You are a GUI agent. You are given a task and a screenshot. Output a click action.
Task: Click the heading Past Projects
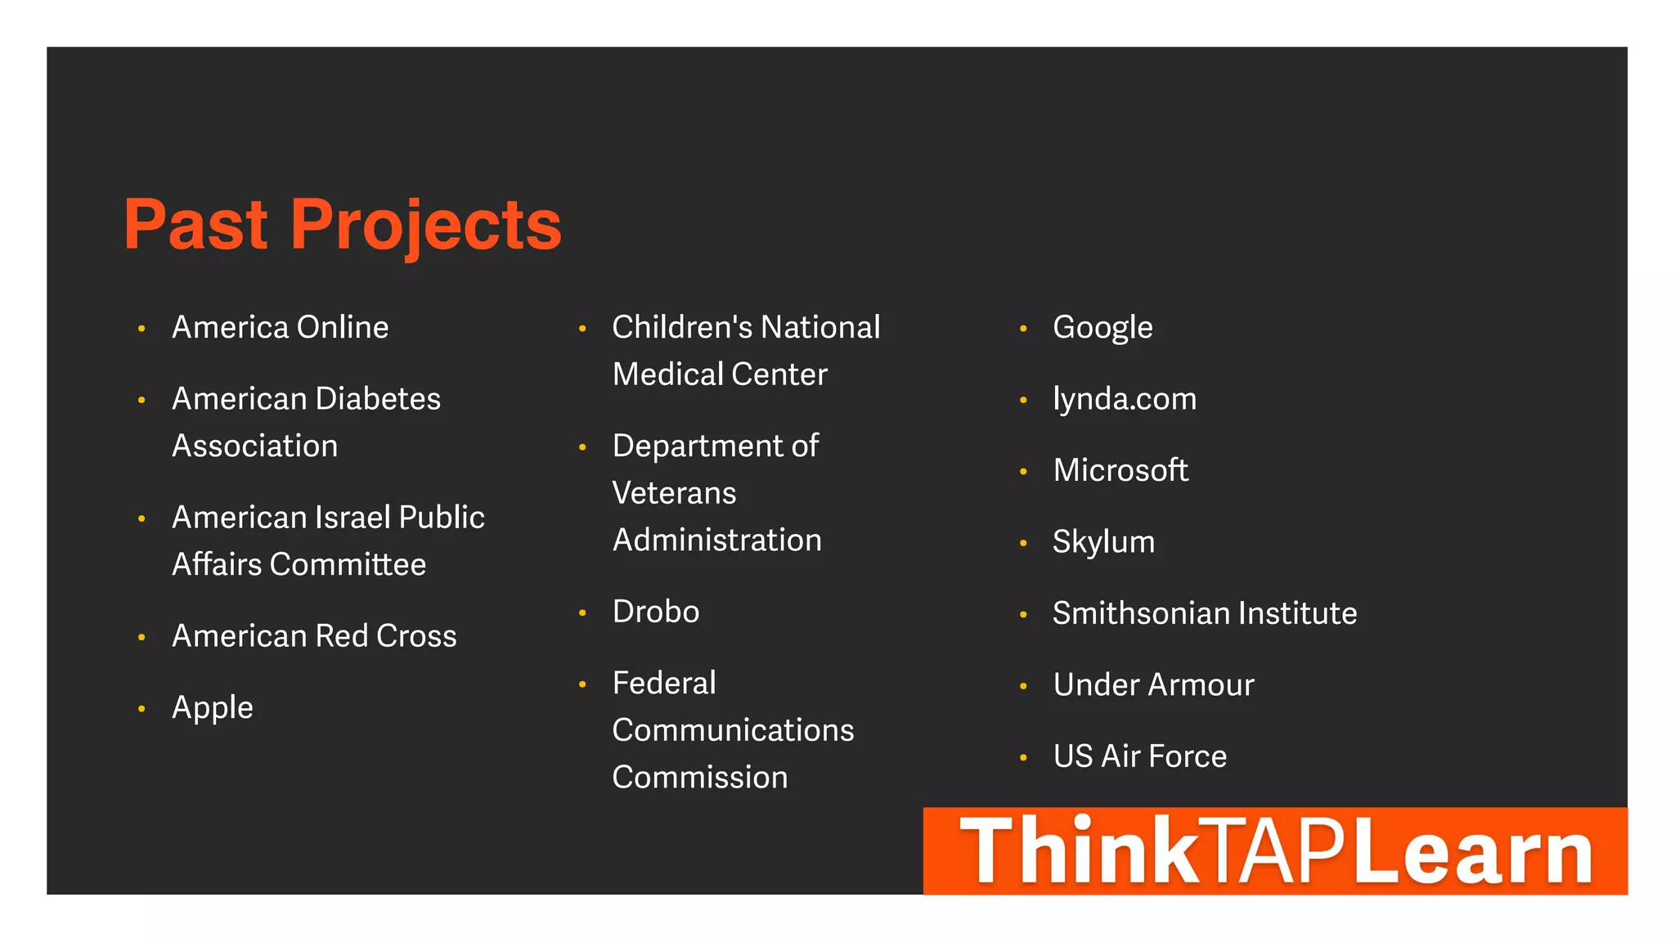342,225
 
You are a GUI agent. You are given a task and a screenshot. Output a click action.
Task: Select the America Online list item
280,328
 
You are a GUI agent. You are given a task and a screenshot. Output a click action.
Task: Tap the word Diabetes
378,399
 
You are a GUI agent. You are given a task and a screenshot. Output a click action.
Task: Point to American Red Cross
314,636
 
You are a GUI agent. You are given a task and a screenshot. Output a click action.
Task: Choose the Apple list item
212,708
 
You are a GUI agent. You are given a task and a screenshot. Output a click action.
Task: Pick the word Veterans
674,493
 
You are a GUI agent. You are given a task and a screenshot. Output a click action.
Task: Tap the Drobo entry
656,612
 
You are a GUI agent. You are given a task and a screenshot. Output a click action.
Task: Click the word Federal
664,684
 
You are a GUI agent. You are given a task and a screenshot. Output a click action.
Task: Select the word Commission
700,778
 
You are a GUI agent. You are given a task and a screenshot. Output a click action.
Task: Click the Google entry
1102,328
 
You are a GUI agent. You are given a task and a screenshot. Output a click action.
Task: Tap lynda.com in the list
1125,399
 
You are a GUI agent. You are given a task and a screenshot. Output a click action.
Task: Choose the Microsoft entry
1120,470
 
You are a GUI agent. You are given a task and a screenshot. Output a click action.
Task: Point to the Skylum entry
1103,542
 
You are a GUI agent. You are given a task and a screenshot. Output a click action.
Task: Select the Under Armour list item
1153,685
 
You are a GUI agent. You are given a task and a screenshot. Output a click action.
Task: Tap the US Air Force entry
1139,756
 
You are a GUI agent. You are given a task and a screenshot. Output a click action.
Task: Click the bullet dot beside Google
1023,329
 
